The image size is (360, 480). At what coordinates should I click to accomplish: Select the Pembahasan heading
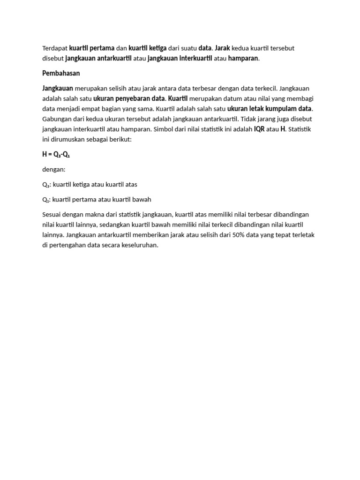[x=61, y=74]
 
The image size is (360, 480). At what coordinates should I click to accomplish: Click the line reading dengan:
[x=54, y=170]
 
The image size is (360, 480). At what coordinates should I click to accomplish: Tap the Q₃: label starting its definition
[x=46, y=185]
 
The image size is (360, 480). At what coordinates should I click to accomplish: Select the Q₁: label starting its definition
[x=46, y=200]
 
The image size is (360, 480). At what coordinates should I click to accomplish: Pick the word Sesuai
[x=52, y=215]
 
